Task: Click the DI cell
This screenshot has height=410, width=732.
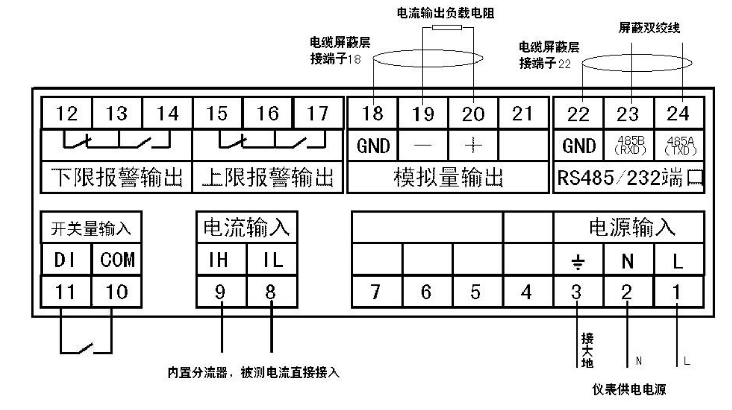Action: pos(66,261)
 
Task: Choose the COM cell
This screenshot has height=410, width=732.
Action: pos(116,261)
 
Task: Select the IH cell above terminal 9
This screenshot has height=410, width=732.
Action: pos(222,261)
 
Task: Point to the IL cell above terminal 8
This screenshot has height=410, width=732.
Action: pos(271,261)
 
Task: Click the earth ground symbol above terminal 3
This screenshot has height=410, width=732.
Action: pos(577,262)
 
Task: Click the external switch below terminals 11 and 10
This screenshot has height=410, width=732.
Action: pos(86,348)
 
